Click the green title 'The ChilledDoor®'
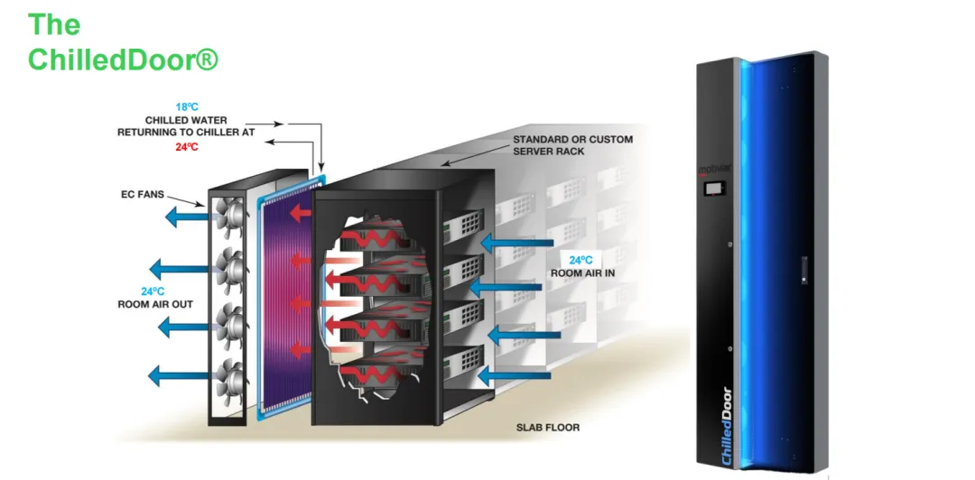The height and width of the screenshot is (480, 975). pyautogui.click(x=123, y=42)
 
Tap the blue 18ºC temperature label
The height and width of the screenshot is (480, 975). pyautogui.click(x=187, y=106)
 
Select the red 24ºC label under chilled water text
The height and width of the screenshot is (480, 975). pyautogui.click(x=187, y=147)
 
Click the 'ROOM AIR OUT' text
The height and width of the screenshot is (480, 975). pyautogui.click(x=155, y=304)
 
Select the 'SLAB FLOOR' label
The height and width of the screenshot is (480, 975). pyautogui.click(x=548, y=428)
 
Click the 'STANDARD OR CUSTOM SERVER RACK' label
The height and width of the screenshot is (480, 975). pyautogui.click(x=572, y=145)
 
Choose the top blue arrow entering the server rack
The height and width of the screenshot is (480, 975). pyautogui.click(x=513, y=242)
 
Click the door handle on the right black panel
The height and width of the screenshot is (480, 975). pyautogui.click(x=803, y=268)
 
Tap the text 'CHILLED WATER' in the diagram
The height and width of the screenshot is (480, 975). pyautogui.click(x=186, y=119)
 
